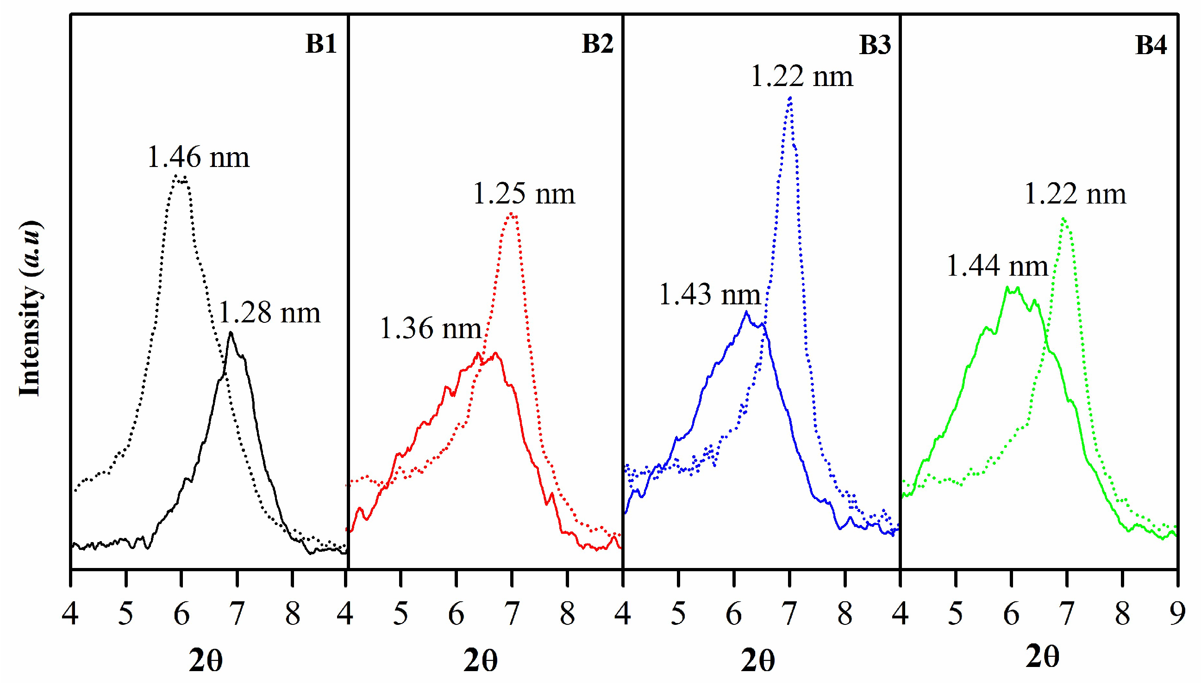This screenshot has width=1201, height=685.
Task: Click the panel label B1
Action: [x=320, y=44]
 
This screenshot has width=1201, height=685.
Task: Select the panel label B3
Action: [x=875, y=45]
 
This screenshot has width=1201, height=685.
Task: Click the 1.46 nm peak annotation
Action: [x=198, y=157]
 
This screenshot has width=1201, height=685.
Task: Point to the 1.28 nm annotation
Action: [x=269, y=313]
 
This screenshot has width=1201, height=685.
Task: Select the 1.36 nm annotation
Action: [x=430, y=328]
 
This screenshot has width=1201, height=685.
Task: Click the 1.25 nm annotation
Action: [x=524, y=194]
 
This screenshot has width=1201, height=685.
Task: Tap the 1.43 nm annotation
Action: [x=709, y=295]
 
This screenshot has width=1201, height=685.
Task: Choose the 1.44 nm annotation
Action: [x=997, y=266]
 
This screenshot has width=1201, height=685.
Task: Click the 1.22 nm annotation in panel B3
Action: [x=801, y=76]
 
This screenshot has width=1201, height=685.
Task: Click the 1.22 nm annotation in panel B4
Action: [x=1075, y=194]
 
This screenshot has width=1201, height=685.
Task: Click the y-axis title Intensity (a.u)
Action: [x=30, y=309]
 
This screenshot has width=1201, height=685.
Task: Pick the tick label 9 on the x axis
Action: [x=1177, y=614]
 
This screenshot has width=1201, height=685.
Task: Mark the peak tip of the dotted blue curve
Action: [x=790, y=98]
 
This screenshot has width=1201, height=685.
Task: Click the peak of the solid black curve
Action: [x=230, y=333]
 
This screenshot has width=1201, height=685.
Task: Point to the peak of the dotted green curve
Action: [x=1063, y=218]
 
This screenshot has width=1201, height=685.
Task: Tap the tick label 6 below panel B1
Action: [x=181, y=614]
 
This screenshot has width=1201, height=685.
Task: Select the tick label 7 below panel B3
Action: [x=789, y=614]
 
